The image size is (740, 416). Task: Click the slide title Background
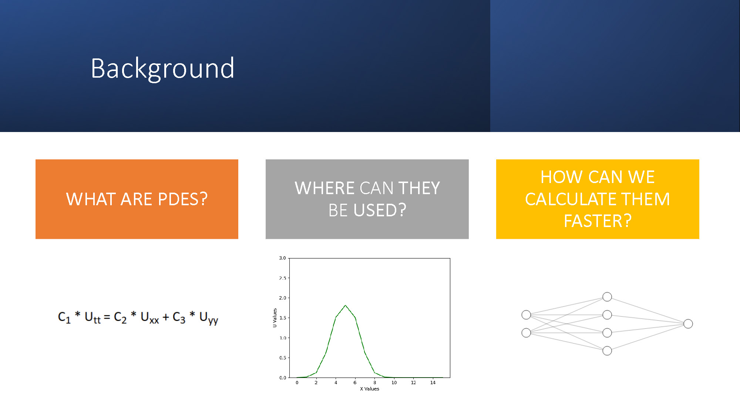tap(162, 69)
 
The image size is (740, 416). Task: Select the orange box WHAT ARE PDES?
tap(137, 199)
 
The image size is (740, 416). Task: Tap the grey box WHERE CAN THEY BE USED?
tap(367, 199)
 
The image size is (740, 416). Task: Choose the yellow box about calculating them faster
tap(598, 199)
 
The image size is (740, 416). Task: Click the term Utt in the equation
tap(92, 317)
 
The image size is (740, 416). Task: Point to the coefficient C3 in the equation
tap(179, 317)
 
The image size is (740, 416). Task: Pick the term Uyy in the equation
tap(209, 318)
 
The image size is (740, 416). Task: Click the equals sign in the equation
tap(107, 317)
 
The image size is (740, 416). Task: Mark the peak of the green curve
tap(346, 305)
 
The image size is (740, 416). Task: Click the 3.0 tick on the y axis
tap(282, 258)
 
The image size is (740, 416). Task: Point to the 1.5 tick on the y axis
tap(282, 318)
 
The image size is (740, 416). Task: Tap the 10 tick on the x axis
tap(394, 382)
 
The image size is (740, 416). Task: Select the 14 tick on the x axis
tap(433, 382)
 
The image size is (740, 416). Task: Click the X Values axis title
tap(370, 389)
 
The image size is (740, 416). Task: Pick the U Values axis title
tap(275, 318)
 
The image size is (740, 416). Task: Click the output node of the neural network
tap(688, 324)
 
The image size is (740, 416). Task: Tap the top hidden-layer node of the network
tap(607, 297)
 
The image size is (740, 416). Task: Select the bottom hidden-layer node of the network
tap(607, 351)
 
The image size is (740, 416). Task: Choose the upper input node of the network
tap(526, 315)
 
